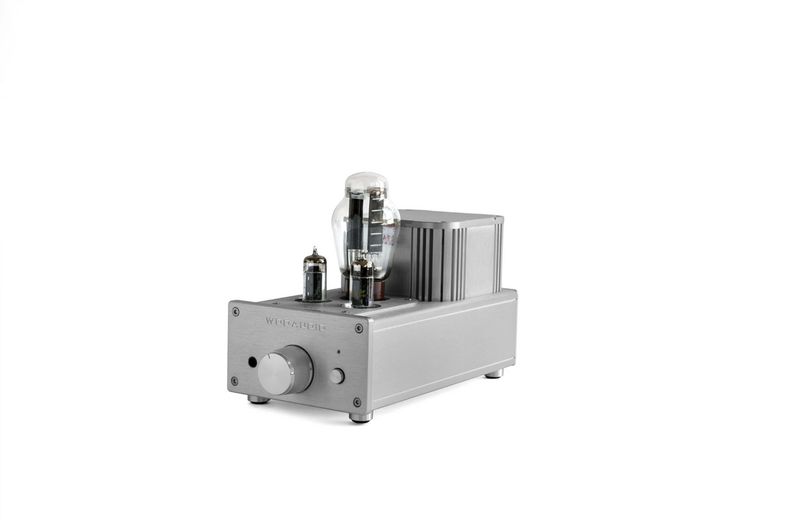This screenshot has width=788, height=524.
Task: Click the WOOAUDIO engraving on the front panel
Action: (295, 324)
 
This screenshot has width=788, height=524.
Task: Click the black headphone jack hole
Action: (252, 361)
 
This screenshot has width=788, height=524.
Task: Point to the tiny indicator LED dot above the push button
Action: (338, 352)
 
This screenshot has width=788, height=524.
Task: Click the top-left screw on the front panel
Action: (235, 311)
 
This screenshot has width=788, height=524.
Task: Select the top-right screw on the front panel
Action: (358, 329)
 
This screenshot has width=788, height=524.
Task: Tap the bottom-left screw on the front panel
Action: (234, 380)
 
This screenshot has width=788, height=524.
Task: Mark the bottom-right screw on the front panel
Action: (357, 402)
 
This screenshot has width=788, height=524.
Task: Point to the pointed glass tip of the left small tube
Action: (314, 250)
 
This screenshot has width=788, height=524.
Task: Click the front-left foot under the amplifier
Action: (258, 399)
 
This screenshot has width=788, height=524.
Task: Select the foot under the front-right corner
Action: (360, 417)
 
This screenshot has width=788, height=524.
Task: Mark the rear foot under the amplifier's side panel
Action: (494, 373)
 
